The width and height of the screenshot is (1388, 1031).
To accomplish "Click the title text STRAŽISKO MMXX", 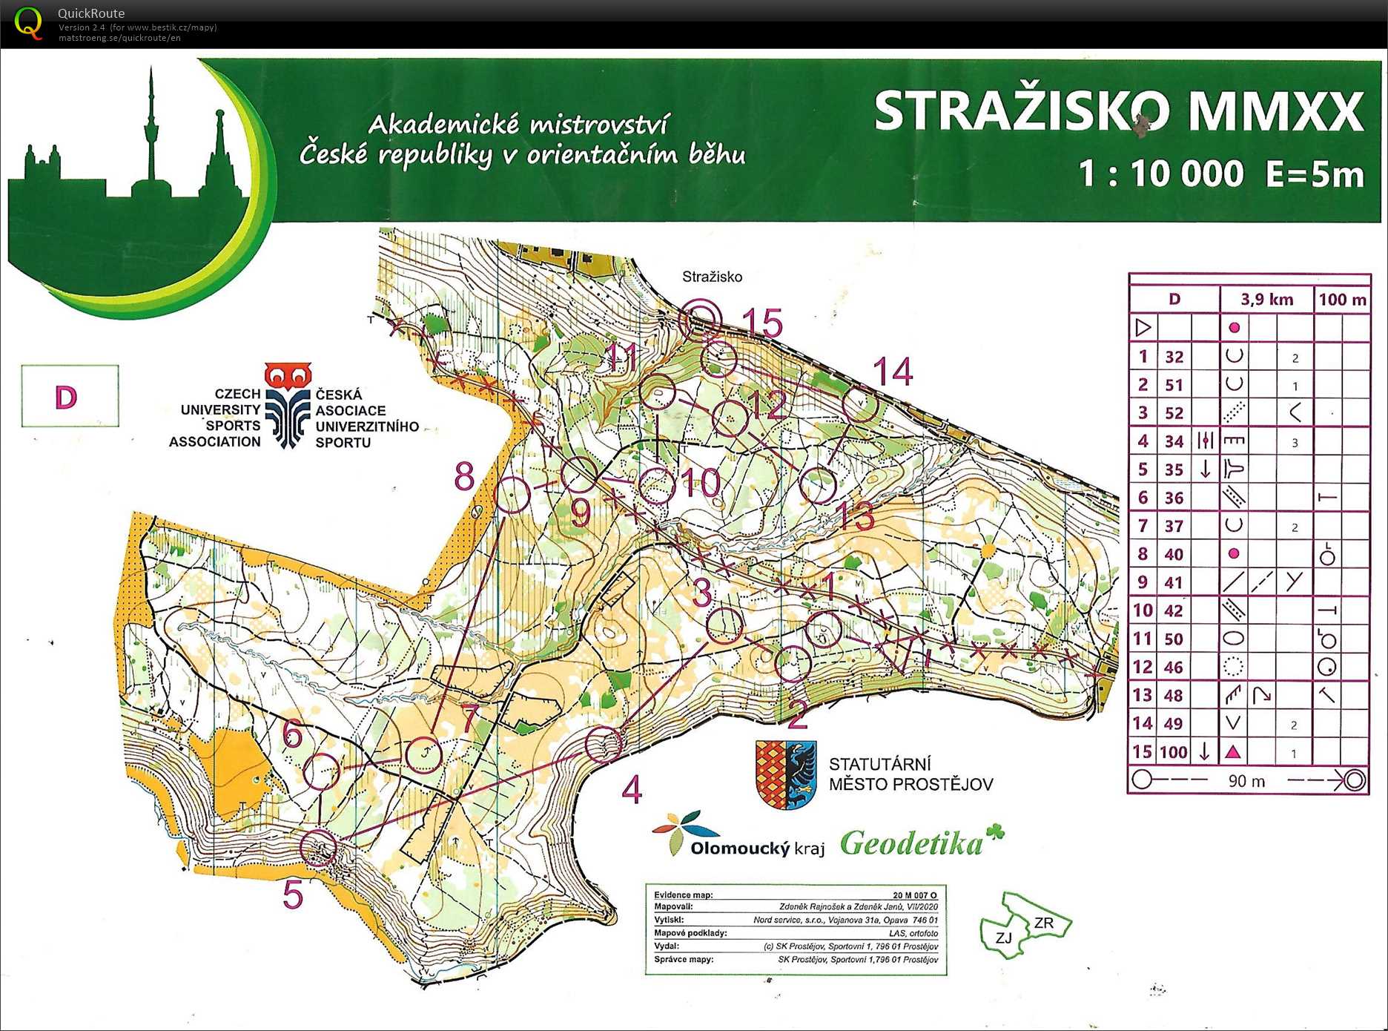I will (1118, 111).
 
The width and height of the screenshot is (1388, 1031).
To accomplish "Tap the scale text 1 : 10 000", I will (1160, 174).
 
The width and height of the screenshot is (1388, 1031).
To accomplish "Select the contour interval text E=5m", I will (1315, 174).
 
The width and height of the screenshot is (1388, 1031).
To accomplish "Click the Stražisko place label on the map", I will (712, 277).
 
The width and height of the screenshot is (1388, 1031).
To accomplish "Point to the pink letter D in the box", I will (66, 398).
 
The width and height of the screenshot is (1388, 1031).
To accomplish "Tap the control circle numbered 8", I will (512, 495).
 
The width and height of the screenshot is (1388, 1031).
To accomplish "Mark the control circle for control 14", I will (860, 405).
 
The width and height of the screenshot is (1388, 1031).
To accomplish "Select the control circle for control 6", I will (322, 770).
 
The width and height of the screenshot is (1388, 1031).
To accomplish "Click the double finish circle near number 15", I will (700, 318).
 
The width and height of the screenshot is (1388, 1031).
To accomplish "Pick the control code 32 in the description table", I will (1174, 357).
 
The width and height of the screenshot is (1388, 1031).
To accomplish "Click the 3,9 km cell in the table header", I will (1266, 300).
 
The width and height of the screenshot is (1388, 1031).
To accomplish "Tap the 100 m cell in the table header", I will (1342, 300).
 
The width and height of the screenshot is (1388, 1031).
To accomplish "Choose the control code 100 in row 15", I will (1174, 752).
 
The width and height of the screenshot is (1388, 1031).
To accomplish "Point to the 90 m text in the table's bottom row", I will (1246, 781).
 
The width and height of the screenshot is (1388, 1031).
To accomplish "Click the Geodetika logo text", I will (912, 843).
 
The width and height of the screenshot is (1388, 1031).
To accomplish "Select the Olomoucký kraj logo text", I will (756, 848).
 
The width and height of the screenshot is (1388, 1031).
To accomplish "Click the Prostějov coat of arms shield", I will (786, 774).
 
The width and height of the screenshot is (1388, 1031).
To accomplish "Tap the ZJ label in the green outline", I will (1003, 938).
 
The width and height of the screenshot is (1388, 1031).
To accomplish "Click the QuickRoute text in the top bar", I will (91, 13).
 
